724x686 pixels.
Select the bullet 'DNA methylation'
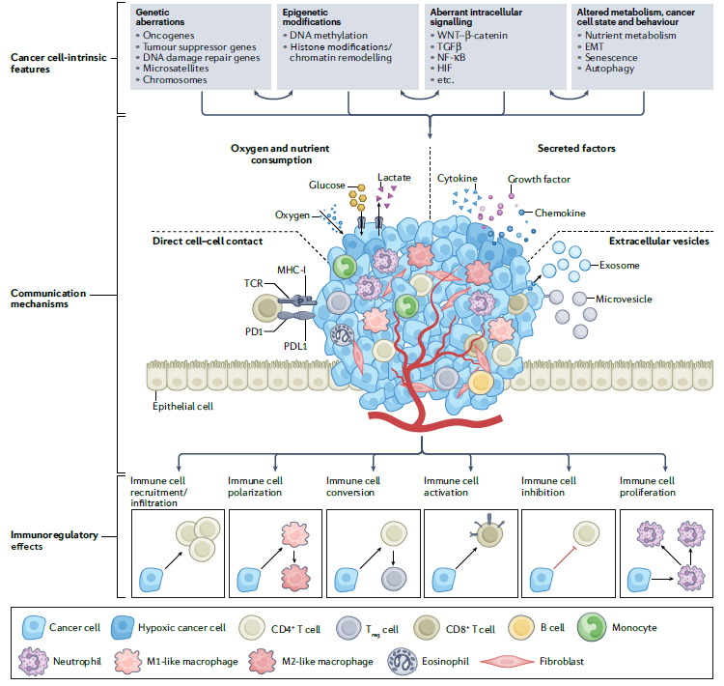[x=328, y=35]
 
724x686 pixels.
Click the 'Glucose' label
[x=326, y=185]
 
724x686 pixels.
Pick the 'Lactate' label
[x=394, y=178]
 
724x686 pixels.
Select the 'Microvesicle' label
[x=625, y=299]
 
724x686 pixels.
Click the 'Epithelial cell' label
[x=181, y=406]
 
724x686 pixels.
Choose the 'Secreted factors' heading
[x=576, y=148]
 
